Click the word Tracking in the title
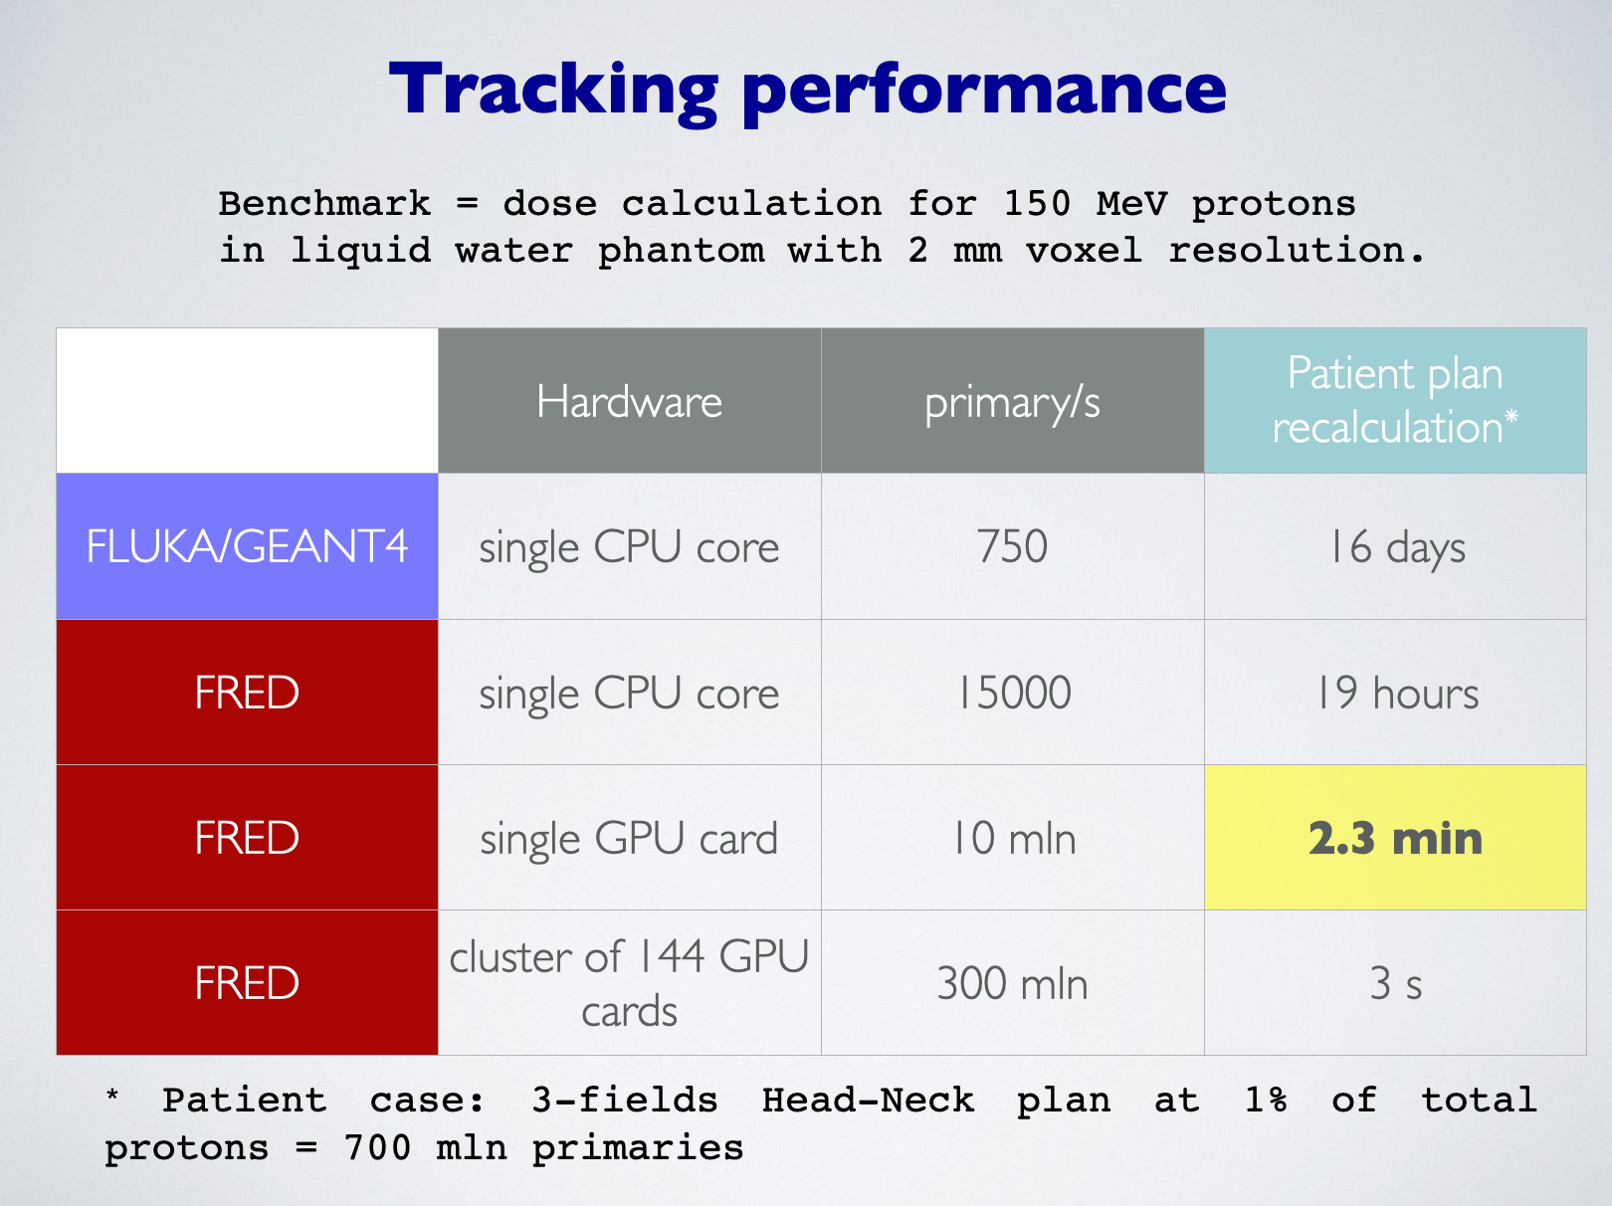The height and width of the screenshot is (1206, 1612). [x=553, y=91]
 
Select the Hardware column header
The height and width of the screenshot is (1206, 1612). [x=630, y=401]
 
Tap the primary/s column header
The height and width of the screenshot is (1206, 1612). [x=1013, y=401]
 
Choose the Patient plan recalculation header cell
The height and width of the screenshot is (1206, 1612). [x=1395, y=401]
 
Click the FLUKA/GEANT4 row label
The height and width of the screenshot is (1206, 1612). [x=248, y=546]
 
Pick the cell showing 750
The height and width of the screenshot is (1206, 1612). [x=1013, y=546]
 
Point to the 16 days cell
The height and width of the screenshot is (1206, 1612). [x=1395, y=546]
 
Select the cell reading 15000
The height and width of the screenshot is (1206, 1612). [x=1013, y=692]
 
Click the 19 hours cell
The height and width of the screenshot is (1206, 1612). [x=1395, y=692]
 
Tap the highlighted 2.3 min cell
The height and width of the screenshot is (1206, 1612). [x=1395, y=838]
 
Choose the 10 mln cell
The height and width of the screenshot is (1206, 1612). [x=1013, y=838]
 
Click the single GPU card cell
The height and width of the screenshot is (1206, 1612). [x=630, y=838]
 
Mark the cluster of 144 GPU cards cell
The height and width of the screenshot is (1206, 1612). [x=630, y=983]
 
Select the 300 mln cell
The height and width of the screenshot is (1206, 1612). [x=1013, y=983]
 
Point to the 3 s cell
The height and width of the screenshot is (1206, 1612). [x=1395, y=983]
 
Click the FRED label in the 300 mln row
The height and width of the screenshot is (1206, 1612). [x=248, y=983]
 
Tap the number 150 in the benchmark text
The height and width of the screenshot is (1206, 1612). [x=1037, y=203]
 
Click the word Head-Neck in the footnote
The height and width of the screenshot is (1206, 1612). [x=868, y=1101]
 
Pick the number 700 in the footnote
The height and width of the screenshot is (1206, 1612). [x=377, y=1147]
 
